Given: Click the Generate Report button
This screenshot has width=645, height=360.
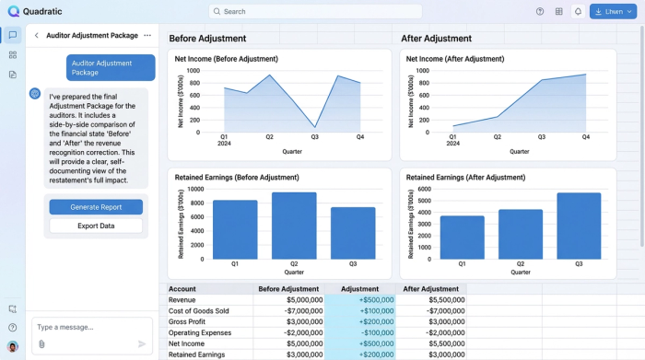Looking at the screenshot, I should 96,207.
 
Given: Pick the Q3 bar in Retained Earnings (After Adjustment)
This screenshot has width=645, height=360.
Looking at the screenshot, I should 579,226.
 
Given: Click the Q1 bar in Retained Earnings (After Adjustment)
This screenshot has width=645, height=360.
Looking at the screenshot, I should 462,238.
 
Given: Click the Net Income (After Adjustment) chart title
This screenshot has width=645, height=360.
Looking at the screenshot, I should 455,59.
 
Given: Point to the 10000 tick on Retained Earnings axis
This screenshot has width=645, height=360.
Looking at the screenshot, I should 195,189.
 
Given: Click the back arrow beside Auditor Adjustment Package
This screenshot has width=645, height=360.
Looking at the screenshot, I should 37,35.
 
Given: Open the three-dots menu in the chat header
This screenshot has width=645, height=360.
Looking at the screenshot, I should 147,35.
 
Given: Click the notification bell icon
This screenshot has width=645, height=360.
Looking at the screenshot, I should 578,12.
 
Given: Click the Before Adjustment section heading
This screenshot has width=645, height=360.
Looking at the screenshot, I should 207,39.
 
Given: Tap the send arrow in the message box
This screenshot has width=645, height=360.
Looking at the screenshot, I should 142,343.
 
